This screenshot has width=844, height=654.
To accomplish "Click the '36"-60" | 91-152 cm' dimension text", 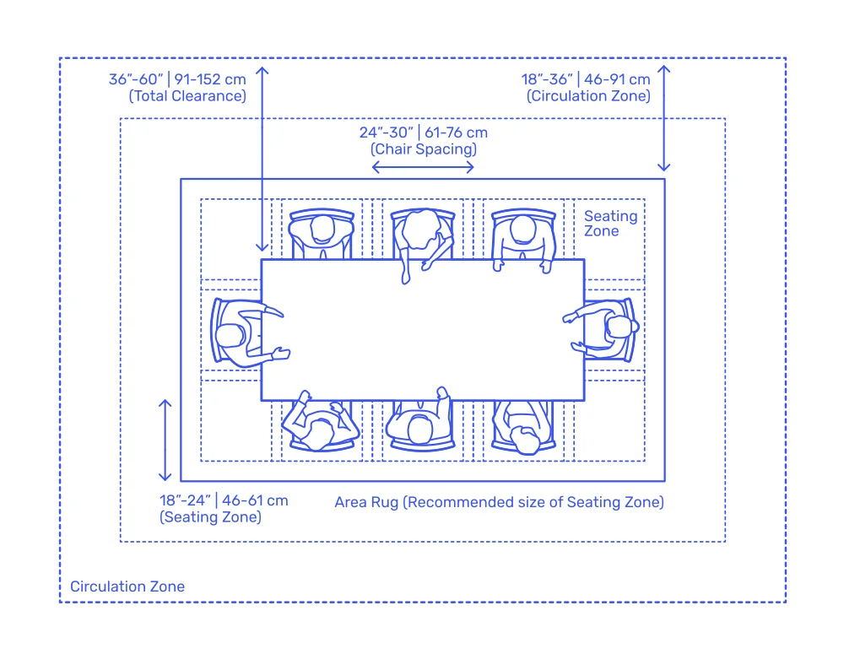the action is [x=177, y=79].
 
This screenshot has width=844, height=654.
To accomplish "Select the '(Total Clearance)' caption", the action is [x=187, y=96].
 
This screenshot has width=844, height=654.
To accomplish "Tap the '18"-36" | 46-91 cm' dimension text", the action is [x=586, y=79].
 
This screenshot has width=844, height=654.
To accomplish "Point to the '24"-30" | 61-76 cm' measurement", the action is [x=424, y=132].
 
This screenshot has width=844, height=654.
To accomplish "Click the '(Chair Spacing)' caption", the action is [x=424, y=149].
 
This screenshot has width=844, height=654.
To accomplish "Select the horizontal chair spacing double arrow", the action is [x=423, y=167].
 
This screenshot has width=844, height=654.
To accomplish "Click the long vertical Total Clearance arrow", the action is [x=262, y=159].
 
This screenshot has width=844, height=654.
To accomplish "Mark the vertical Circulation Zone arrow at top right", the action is [x=664, y=118].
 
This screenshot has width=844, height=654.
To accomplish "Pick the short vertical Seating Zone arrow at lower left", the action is [x=165, y=441].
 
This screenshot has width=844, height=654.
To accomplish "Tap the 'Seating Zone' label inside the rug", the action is [x=610, y=224].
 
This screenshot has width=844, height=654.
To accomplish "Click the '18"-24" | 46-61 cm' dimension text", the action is [x=224, y=500].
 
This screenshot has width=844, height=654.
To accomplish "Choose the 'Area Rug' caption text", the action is [x=366, y=502].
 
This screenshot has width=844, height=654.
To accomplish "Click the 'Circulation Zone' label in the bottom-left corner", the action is [x=127, y=586].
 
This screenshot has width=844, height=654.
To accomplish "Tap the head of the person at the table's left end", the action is [x=230, y=336].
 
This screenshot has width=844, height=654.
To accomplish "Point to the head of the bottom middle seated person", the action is [x=419, y=430].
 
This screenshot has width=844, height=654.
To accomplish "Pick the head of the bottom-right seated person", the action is [x=525, y=440].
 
